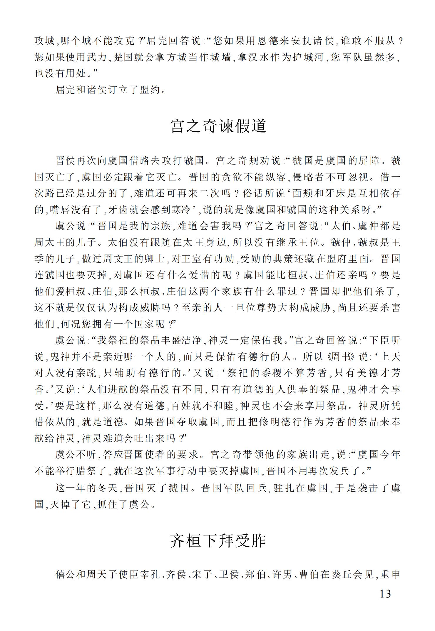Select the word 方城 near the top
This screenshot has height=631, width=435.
coord(177,57)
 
